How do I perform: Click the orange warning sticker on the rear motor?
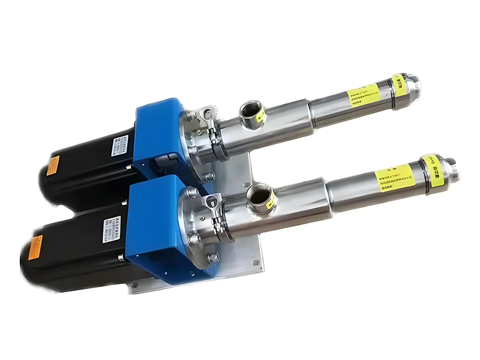tap(53, 164)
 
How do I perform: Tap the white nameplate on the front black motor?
tap(112, 229)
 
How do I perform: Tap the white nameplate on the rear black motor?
tap(121, 146)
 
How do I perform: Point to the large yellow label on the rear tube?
tap(364, 95)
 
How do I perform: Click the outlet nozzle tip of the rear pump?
tap(413, 84)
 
